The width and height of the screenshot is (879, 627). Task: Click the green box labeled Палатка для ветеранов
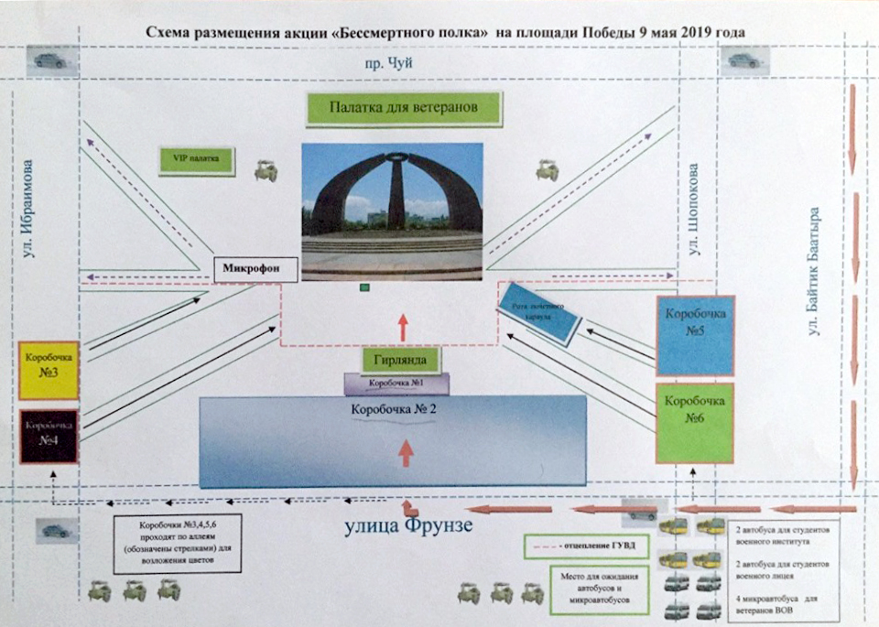click(x=405, y=109)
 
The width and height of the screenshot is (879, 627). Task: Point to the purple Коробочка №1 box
click(x=396, y=384)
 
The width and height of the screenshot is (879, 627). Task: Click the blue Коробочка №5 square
click(x=695, y=335)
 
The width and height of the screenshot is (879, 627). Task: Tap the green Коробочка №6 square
click(x=695, y=423)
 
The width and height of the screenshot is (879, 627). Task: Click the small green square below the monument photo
click(x=364, y=288)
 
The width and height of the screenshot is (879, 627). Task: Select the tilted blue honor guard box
click(x=538, y=313)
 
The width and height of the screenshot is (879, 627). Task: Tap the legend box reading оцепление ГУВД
click(x=580, y=547)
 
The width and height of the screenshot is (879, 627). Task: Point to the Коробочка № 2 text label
click(x=392, y=409)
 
